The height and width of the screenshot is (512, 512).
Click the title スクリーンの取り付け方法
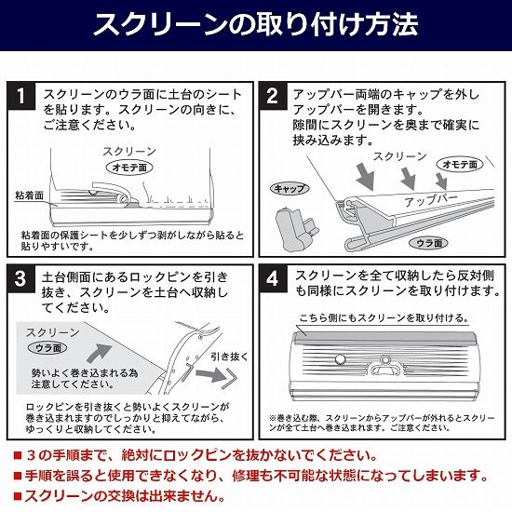[256, 24]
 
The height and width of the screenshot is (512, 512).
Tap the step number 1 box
[21, 96]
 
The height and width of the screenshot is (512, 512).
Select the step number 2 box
[273, 96]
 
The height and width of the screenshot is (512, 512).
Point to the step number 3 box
[20, 279]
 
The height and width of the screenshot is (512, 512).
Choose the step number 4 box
[273, 279]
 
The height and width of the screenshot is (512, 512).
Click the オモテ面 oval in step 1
[129, 168]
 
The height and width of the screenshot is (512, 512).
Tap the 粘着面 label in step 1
[29, 195]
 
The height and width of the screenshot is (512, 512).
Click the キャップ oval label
[290, 188]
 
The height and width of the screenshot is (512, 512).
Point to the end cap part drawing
[296, 229]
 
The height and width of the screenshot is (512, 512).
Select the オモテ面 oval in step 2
[460, 164]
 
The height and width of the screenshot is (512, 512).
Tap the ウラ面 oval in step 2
[429, 243]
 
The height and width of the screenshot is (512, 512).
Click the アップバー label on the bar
[431, 200]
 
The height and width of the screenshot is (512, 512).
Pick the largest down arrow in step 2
[367, 177]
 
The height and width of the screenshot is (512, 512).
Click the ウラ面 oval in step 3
[47, 348]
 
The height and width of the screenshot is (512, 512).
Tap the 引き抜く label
[229, 357]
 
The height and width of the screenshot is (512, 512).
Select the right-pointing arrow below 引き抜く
[211, 374]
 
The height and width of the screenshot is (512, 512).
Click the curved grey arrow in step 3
[99, 353]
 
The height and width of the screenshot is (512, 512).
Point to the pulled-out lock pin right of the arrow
[231, 378]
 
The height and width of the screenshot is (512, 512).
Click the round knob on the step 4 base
[341, 359]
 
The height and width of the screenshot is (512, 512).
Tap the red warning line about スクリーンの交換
[119, 497]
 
